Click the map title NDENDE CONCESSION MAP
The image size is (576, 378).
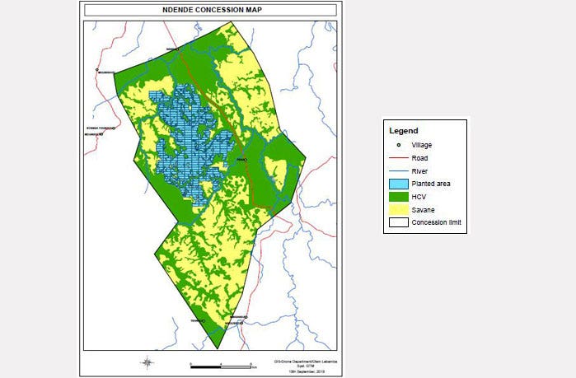tap(209, 10)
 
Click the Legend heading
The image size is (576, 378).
tap(404, 130)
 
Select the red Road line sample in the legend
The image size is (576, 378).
tap(398, 158)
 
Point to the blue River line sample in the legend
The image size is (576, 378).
tap(398, 171)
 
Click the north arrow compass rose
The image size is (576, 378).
tap(146, 362)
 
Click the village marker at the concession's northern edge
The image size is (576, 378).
tap(176, 49)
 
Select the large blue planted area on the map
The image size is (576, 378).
tap(185, 140)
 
